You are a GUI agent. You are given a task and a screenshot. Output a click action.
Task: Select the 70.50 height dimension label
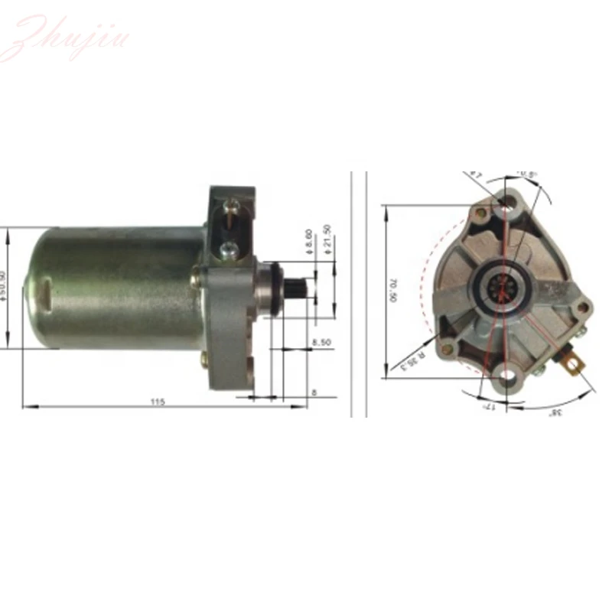[393, 288]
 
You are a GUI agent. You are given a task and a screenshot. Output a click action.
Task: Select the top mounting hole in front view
[504, 202]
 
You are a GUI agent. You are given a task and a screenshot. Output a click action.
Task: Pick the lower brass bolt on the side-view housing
[203, 358]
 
